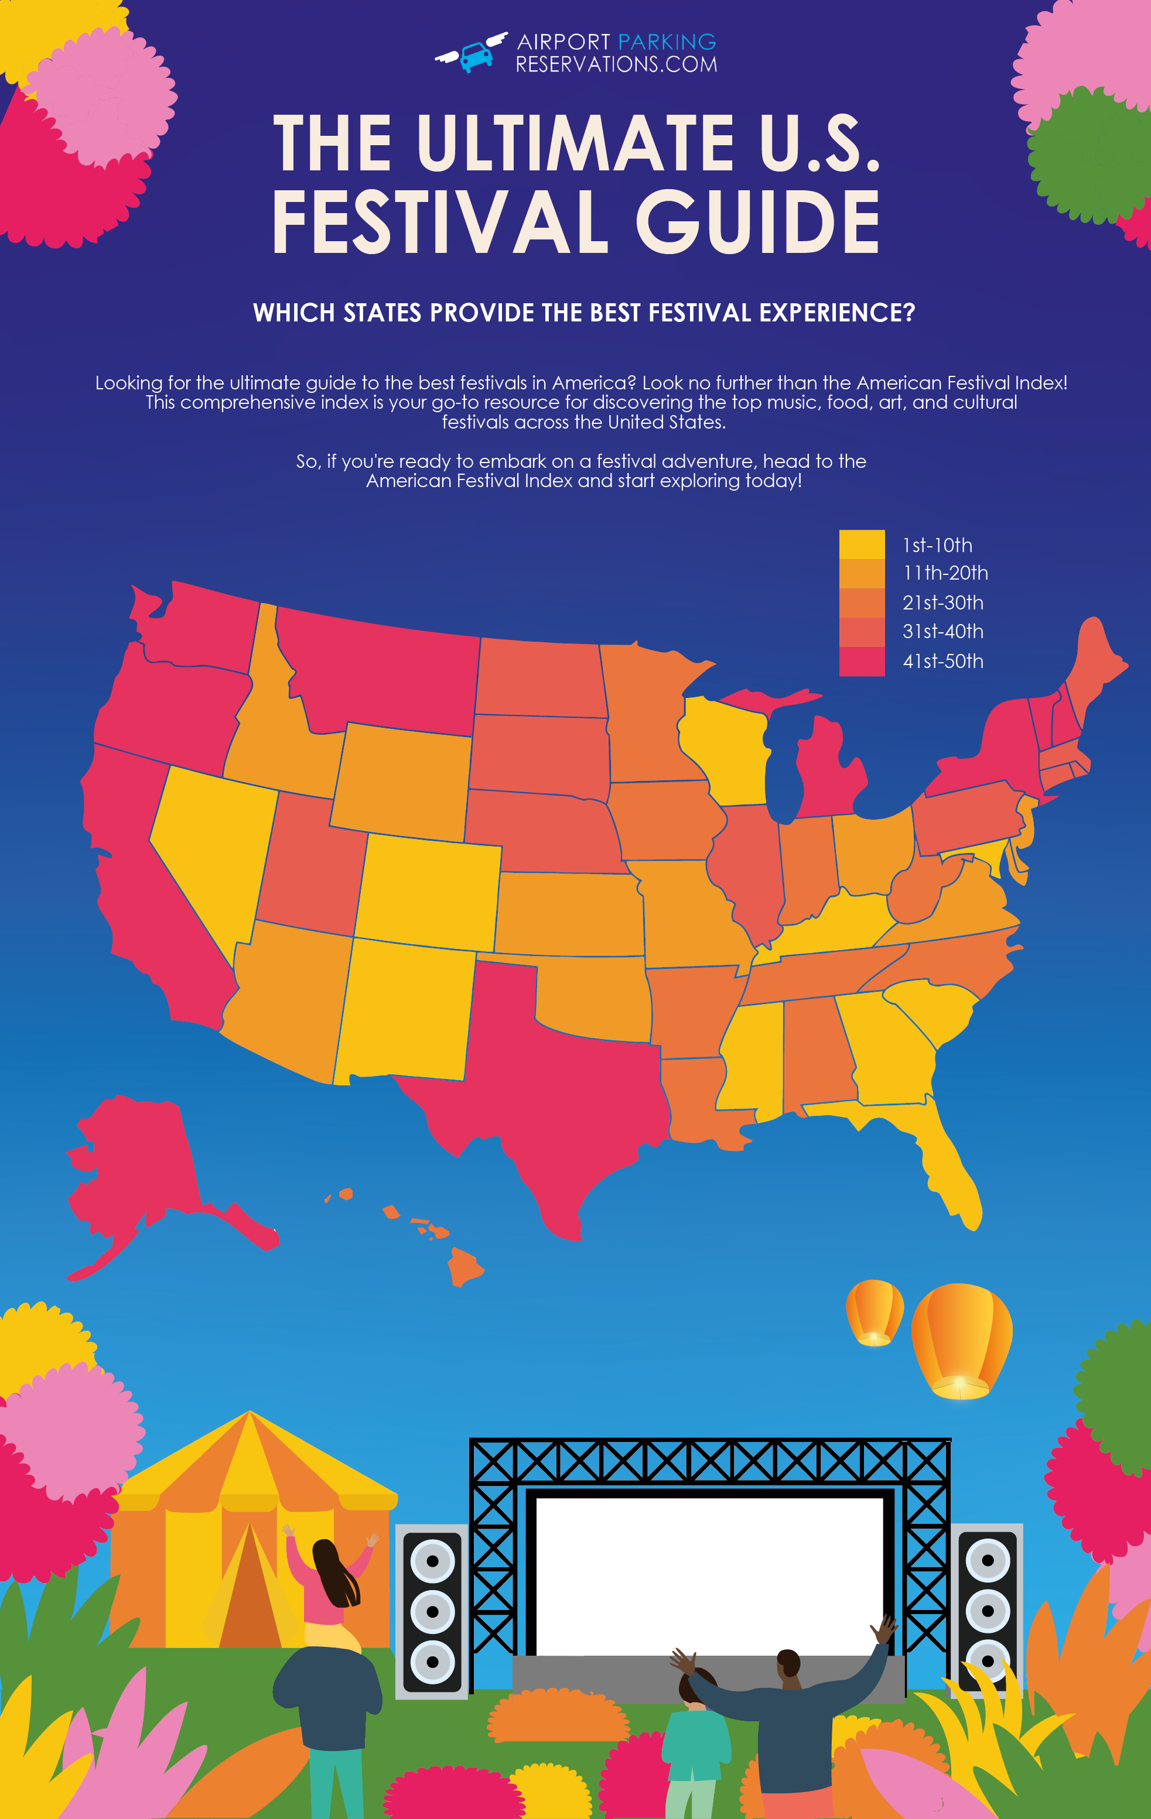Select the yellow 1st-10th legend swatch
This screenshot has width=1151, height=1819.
862,544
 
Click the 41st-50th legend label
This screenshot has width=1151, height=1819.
942,661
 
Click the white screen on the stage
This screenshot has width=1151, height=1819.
709,1575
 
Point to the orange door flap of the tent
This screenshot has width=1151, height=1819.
250,1594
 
